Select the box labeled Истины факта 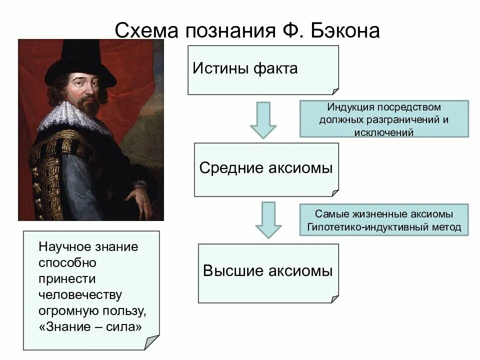[x=263, y=69]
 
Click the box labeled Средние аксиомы [x=266, y=169]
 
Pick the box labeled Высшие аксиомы [x=267, y=272]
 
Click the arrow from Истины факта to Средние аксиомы [x=263, y=120]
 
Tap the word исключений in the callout [x=383, y=132]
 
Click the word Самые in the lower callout [x=329, y=214]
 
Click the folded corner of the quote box [x=152, y=343]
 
